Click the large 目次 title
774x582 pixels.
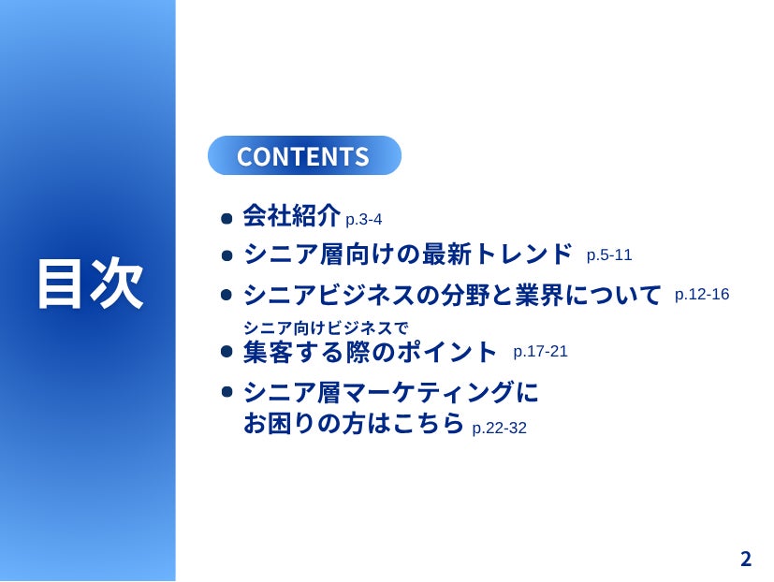[x=91, y=284]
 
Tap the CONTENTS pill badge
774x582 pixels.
[x=304, y=155]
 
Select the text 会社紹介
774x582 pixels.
[x=291, y=215]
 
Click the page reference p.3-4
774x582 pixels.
[x=363, y=219]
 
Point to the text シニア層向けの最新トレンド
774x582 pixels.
[x=408, y=254]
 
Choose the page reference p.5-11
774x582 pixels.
[x=609, y=255]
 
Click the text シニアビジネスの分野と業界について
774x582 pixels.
[x=452, y=295]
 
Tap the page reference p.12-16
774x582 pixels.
[x=702, y=295]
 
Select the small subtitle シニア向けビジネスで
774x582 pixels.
[x=327, y=327]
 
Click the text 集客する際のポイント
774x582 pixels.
[x=370, y=352]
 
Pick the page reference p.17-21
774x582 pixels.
[x=541, y=352]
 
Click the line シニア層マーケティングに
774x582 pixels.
[x=391, y=392]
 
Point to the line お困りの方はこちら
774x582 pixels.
[x=354, y=423]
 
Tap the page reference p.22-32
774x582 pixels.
[x=500, y=428]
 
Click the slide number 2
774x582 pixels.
[x=746, y=559]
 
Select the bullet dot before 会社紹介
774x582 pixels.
[x=226, y=218]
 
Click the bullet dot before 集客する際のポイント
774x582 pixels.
[x=226, y=352]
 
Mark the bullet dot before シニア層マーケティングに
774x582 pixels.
[x=226, y=392]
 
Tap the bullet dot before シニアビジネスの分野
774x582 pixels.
[x=226, y=295]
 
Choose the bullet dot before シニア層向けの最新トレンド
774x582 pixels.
[x=226, y=255]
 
